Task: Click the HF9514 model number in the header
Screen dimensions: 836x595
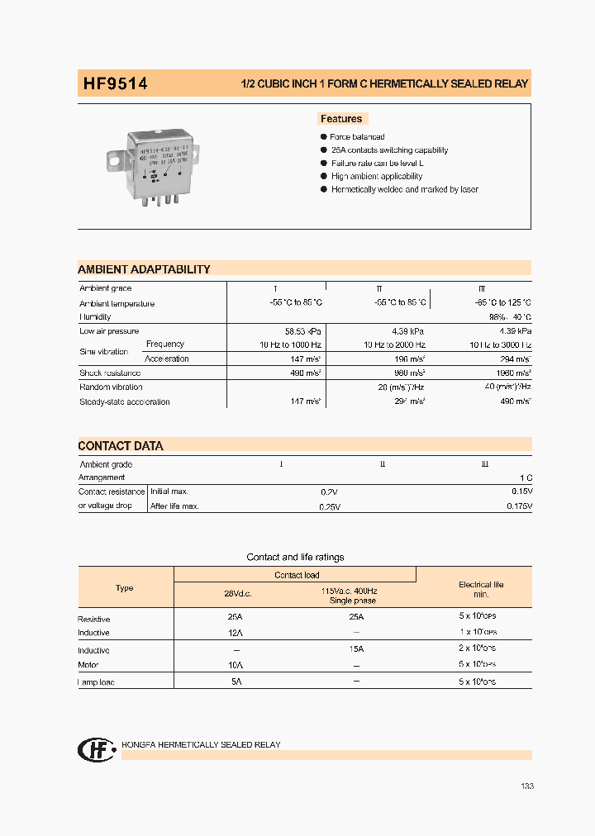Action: coord(115,83)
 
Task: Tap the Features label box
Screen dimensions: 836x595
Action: coord(341,119)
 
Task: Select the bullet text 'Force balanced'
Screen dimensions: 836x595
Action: coord(357,137)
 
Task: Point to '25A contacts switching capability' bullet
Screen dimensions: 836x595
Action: coord(389,150)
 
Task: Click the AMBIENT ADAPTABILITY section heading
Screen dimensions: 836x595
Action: coord(144,269)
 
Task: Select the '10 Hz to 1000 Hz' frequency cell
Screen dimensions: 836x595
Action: coord(290,344)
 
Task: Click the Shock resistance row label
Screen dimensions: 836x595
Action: coord(111,373)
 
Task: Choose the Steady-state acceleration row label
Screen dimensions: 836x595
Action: coord(125,402)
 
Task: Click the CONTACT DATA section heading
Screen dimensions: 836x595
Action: coord(121,446)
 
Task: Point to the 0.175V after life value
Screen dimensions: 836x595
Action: coord(516,506)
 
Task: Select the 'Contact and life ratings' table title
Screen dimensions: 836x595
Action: coord(295,558)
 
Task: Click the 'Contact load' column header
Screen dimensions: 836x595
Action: coord(297,575)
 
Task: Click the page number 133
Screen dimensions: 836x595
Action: coord(527,786)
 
